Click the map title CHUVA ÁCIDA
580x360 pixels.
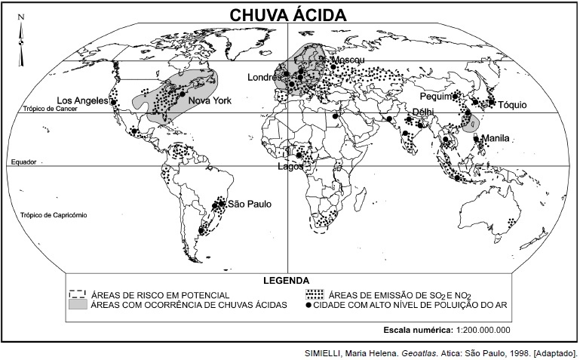[289, 15]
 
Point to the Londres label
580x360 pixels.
[263, 77]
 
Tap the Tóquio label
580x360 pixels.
[511, 105]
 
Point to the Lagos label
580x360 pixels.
[290, 167]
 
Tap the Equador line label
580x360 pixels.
[24, 162]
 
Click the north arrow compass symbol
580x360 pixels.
[21, 34]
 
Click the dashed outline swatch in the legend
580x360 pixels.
[78, 294]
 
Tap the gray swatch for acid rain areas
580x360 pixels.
[78, 305]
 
